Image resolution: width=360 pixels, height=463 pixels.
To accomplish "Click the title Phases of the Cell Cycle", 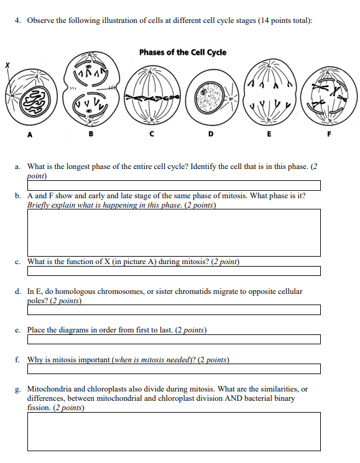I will click(182, 52).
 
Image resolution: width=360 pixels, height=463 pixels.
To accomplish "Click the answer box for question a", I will click(173, 185).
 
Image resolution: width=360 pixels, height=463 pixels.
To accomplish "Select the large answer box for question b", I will click(173, 232).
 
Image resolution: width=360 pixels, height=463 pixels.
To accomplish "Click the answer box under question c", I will click(173, 271).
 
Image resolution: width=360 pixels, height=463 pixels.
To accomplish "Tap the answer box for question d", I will click(173, 309).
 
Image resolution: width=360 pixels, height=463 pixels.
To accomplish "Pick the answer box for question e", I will click(173, 339).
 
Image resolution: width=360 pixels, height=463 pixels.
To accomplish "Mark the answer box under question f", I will click(173, 369).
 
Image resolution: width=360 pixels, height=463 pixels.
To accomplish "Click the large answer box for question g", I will click(173, 431).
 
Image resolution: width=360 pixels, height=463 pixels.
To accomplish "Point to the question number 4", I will click(17, 21).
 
